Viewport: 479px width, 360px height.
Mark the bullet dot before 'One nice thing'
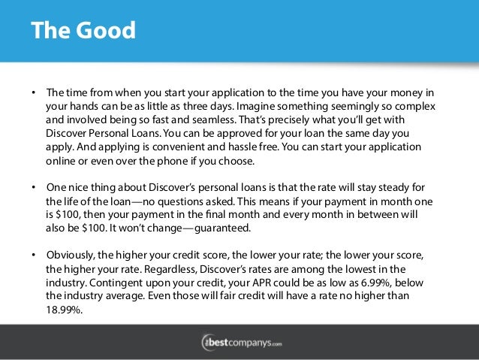pyautogui.click(x=33, y=187)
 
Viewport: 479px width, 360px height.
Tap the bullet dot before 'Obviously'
pyautogui.click(x=33, y=254)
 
